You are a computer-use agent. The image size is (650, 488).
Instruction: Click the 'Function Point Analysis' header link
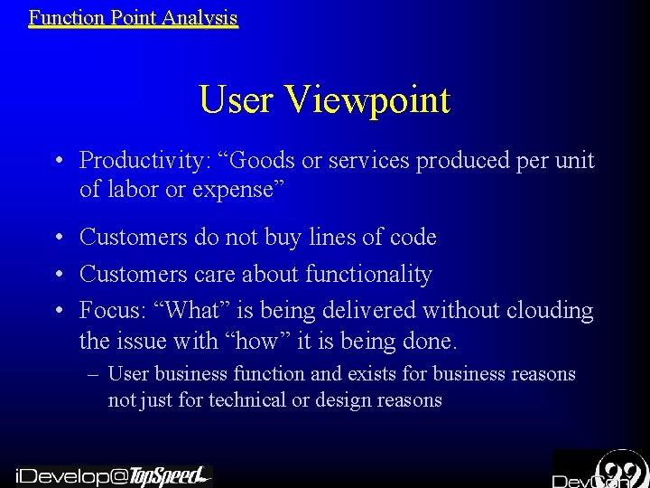pyautogui.click(x=133, y=17)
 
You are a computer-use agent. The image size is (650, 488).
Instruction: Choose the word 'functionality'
pyautogui.click(x=369, y=274)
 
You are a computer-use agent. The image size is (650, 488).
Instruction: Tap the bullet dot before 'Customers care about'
pyautogui.click(x=57, y=275)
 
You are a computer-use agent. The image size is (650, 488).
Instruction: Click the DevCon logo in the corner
pyautogui.click(x=599, y=469)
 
